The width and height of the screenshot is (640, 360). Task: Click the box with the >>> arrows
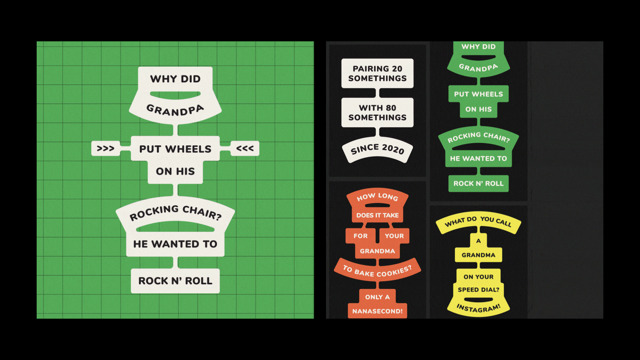(x=105, y=148)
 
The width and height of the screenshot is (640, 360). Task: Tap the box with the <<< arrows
(x=245, y=148)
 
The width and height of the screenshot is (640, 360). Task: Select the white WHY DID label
(x=175, y=79)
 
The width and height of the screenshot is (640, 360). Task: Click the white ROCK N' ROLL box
(x=175, y=281)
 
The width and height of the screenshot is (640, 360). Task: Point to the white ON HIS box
(x=175, y=171)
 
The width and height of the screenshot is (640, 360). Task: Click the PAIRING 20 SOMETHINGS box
(x=377, y=73)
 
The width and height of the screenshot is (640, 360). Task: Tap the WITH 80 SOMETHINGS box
(x=377, y=113)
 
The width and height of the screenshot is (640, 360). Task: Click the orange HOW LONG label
(x=377, y=197)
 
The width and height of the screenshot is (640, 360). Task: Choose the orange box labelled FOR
(x=361, y=236)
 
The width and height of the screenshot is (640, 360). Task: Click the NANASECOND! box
(x=377, y=311)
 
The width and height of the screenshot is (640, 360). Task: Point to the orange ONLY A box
(x=377, y=297)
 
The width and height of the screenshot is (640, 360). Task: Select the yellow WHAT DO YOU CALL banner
(x=478, y=221)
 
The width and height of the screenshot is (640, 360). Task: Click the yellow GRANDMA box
(x=478, y=255)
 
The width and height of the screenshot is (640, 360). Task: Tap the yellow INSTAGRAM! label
(x=478, y=308)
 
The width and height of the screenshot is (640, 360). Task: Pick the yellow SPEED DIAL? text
(x=478, y=290)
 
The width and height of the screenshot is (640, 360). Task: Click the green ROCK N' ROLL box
(x=478, y=183)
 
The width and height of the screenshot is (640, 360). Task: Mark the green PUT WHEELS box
(x=478, y=94)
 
